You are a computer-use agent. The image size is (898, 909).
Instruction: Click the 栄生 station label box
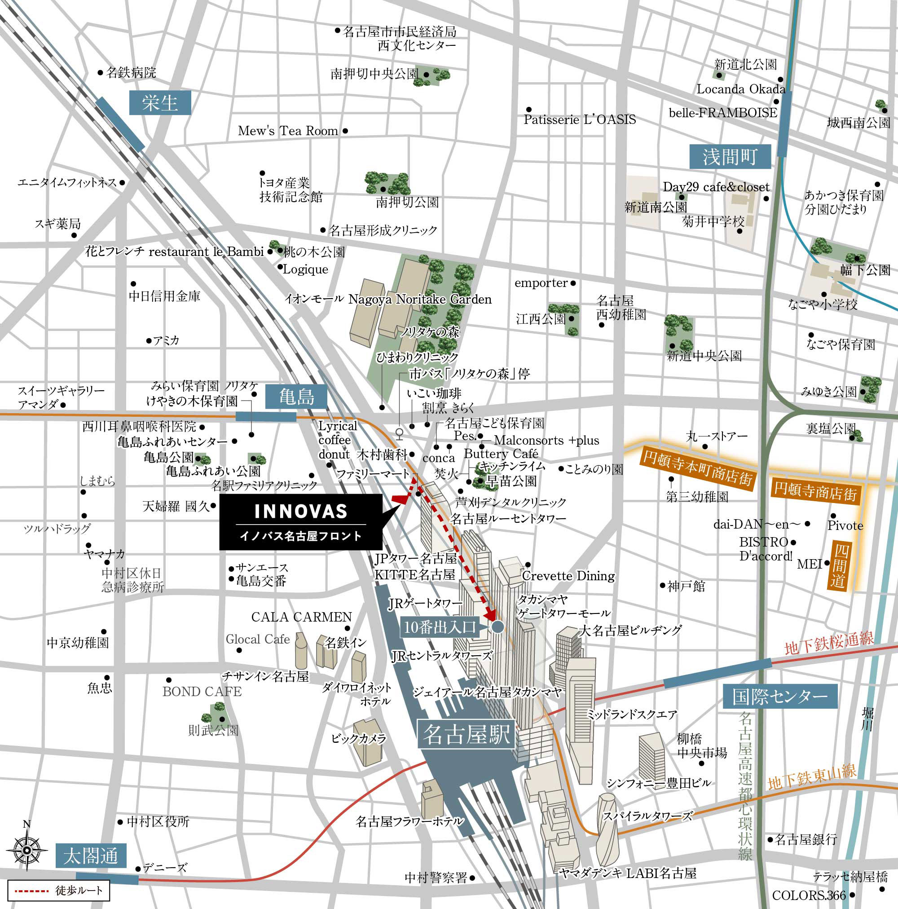pos(160,102)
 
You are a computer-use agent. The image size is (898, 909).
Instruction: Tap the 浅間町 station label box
pos(730,157)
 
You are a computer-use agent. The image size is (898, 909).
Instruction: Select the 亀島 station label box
pos(296,397)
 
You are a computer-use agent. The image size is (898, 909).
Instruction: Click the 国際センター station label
pos(780,696)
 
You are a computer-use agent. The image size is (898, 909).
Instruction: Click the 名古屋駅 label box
pos(466,733)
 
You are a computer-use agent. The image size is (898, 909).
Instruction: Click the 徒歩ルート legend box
pos(59,890)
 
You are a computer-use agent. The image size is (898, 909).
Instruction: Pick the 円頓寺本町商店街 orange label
pos(698,467)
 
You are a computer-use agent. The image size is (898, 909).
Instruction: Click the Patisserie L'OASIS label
pos(580,119)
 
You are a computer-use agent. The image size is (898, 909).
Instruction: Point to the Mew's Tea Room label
pos(288,131)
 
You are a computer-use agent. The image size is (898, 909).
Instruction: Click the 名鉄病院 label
pos(131,72)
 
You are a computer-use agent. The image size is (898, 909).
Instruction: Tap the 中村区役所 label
pos(158,821)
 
